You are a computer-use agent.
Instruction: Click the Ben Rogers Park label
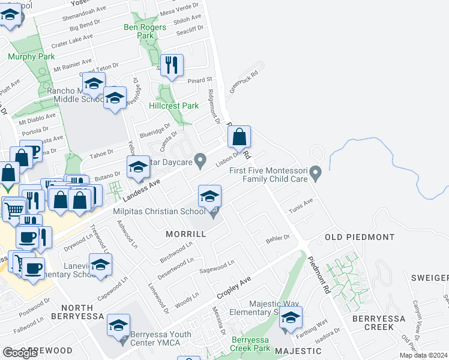tap(139, 31)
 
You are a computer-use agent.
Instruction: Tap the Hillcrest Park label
tap(173, 106)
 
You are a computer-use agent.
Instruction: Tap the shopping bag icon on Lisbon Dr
tap(239, 137)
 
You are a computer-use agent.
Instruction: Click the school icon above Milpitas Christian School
tap(209, 197)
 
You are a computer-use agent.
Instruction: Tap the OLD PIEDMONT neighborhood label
tap(360, 237)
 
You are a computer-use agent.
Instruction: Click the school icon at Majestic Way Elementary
tap(291, 318)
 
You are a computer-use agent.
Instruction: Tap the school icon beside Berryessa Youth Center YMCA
tap(118, 325)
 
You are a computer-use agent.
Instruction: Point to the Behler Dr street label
tap(278, 238)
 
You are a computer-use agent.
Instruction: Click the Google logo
tap(20, 353)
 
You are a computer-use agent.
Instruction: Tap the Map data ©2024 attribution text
tap(423, 355)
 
